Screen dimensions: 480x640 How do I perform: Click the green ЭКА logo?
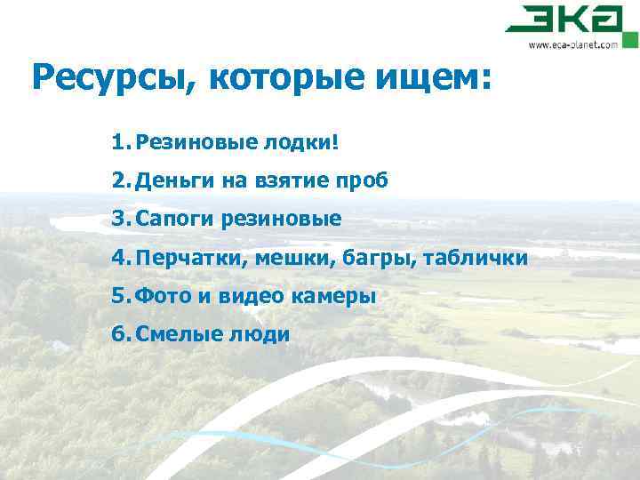pos(570,20)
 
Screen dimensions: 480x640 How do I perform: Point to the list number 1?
pos(121,142)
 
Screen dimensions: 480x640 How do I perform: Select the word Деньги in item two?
pos(169,180)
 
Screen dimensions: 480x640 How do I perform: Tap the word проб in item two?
pos(363,180)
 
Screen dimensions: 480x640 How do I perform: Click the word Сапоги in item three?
pos(170,219)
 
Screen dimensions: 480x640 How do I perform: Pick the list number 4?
pos(121,257)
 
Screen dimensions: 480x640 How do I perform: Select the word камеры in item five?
pos(333,295)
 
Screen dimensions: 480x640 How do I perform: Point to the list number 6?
pos(121,333)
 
